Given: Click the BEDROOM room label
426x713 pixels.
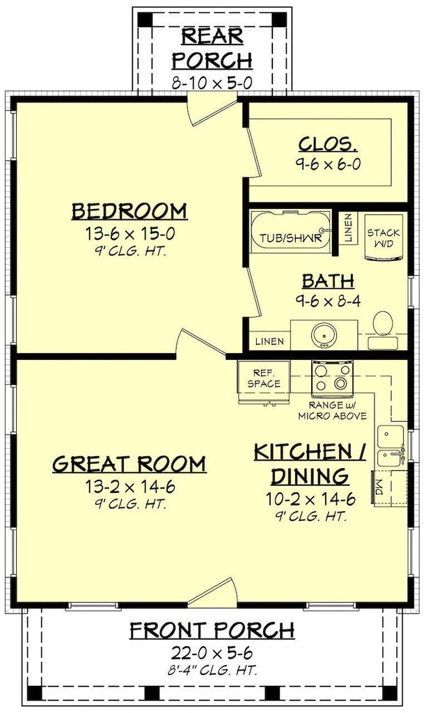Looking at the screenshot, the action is coord(129,212).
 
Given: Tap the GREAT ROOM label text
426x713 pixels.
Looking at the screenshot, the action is coord(129,464).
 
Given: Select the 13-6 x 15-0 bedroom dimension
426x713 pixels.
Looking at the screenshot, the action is coord(130,234).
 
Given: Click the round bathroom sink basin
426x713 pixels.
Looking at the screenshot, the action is coord(324,336).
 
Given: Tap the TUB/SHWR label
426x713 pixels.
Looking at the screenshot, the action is coord(291,238).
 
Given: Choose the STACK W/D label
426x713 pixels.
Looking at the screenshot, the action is coord(384,238).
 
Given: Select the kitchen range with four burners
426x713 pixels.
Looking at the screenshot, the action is coord(332,378).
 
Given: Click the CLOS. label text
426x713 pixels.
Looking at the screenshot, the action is coord(328,144).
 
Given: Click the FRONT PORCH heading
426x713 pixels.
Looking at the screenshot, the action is coord(212,631).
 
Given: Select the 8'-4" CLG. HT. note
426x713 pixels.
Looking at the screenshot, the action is coord(212,670).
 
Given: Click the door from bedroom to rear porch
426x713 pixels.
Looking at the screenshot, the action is coord(212,110).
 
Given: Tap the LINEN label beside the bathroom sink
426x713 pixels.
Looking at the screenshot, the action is coord(269,341).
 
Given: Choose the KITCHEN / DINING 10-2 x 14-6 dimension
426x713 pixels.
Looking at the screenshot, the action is coord(311,499).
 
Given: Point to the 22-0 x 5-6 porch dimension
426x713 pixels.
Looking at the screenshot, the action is coord(212,653).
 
